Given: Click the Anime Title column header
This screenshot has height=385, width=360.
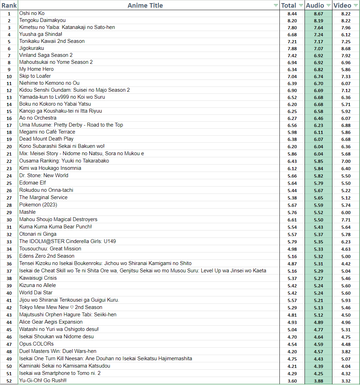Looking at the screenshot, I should coord(145,5).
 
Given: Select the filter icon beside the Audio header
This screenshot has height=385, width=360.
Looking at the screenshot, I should coord(328,6).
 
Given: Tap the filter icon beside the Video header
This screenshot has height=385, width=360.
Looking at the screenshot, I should coord(355,6).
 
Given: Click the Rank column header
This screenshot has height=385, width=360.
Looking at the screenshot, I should coord(9,5).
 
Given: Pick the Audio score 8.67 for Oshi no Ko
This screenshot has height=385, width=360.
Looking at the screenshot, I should coord(318,14).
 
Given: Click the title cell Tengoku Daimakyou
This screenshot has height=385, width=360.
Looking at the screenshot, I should coord(42,20).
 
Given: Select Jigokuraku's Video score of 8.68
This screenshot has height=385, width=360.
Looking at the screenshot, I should coord(346,48).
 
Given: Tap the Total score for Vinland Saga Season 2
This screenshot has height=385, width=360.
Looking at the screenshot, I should coord(292,55).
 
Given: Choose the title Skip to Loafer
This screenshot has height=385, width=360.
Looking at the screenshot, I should coord(35,76).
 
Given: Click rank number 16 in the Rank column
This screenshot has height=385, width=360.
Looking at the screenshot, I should coord(9,118).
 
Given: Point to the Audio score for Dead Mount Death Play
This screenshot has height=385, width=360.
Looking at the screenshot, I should coord(318,139).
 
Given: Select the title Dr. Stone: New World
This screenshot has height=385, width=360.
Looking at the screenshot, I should coord(44,175).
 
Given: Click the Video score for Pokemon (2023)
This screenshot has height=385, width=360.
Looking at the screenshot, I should coord(346,205).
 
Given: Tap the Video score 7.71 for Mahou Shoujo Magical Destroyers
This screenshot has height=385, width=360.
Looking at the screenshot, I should coord(346,220).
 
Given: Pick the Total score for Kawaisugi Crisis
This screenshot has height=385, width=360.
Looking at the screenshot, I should coord(292,278).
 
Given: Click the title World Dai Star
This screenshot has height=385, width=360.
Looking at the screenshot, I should coord(36,293).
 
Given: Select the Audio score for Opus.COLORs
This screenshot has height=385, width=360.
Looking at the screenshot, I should coord(318,344).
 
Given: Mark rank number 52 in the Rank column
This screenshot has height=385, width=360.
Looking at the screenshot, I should coord(9,381).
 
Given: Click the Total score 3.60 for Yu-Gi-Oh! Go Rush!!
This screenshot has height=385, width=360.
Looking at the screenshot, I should coord(292,381).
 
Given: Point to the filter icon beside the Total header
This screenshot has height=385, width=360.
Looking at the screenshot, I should coord(301,6).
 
